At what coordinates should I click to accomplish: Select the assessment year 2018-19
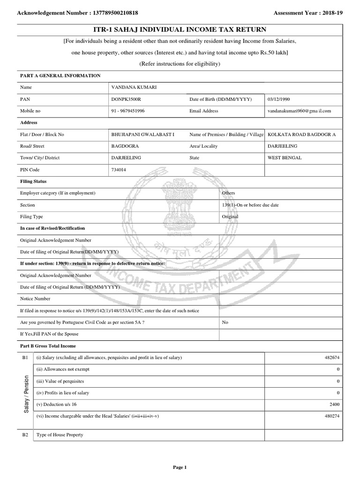pyautogui.click(x=331, y=13)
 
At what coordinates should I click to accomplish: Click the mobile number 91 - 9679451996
pyautogui.click(x=127, y=111)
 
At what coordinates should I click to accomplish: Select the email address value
pyautogui.click(x=299, y=111)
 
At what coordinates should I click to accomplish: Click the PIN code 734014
pyautogui.click(x=118, y=170)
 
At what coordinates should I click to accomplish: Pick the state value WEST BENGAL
pyautogui.click(x=285, y=158)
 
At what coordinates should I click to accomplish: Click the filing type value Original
pyautogui.click(x=230, y=217)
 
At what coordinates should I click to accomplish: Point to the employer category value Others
pyautogui.click(x=229, y=193)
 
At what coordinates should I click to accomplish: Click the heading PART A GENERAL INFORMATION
pyautogui.click(x=60, y=75)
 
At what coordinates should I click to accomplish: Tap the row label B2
pyautogui.click(x=25, y=435)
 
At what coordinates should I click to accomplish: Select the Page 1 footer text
pyautogui.click(x=180, y=467)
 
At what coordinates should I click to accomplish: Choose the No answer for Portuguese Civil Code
pyautogui.click(x=225, y=322)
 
